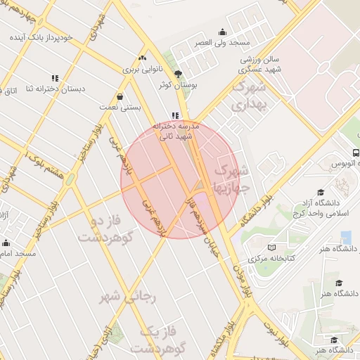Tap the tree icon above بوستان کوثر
[x=178, y=73]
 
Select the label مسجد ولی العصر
[x=224, y=43]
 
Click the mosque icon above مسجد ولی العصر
[x=223, y=32]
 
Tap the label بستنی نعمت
[x=132, y=108]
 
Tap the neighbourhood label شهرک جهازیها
[x=231, y=180]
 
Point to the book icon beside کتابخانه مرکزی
[x=271, y=247]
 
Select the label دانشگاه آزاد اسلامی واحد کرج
[x=333, y=209]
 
